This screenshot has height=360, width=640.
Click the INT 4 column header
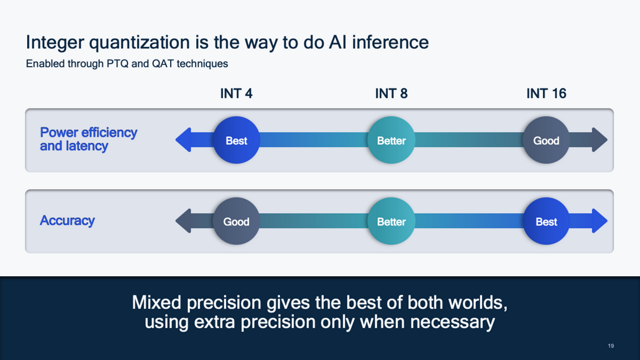pyautogui.click(x=236, y=94)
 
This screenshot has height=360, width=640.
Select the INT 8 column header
pyautogui.click(x=391, y=94)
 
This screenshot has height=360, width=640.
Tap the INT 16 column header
pyautogui.click(x=546, y=94)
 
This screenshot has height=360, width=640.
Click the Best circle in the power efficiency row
pyautogui.click(x=236, y=140)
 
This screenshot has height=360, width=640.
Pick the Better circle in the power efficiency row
pyautogui.click(x=391, y=140)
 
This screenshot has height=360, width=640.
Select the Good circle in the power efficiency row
pyautogui.click(x=546, y=140)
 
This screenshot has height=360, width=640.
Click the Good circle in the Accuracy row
pyautogui.click(x=236, y=221)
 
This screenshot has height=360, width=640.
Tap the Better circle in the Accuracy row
pyautogui.click(x=391, y=221)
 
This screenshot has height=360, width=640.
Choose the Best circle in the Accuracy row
pyautogui.click(x=546, y=221)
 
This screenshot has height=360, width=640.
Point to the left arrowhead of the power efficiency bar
pyautogui.click(x=183, y=140)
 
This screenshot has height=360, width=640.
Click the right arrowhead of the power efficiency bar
pyautogui.click(x=598, y=140)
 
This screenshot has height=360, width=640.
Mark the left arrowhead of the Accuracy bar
pyautogui.click(x=183, y=221)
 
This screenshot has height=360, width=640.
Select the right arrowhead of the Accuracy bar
pyautogui.click(x=598, y=221)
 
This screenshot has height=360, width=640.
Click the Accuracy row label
pyautogui.click(x=67, y=221)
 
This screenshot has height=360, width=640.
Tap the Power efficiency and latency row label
pyautogui.click(x=88, y=139)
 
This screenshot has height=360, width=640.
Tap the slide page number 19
pyautogui.click(x=610, y=346)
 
